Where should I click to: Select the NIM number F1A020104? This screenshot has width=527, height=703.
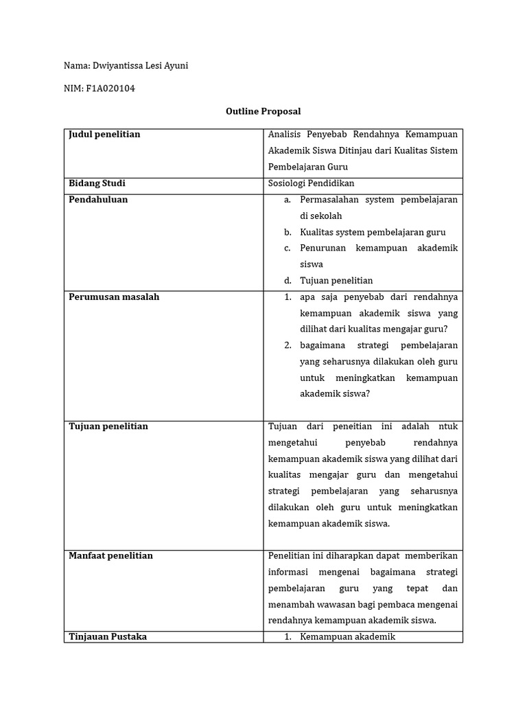tap(110, 88)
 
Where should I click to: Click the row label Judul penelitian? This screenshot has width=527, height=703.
tap(104, 135)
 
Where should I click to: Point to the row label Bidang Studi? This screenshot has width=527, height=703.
tap(97, 183)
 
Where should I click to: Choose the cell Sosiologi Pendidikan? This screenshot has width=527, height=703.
tap(312, 183)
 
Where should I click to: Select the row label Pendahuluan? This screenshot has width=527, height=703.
tap(98, 200)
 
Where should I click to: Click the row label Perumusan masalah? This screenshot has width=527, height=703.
tap(114, 297)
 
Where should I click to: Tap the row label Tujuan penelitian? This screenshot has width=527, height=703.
tap(108, 426)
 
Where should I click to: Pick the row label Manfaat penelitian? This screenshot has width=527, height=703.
tap(110, 555)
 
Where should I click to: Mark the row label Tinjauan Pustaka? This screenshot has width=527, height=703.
tap(108, 636)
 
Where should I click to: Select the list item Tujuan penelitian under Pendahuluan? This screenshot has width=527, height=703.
tap(336, 281)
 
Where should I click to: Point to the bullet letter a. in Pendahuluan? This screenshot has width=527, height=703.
tap(287, 200)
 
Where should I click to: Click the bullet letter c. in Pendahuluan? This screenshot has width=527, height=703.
tap(287, 249)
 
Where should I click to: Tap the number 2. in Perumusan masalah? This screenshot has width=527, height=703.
tap(288, 345)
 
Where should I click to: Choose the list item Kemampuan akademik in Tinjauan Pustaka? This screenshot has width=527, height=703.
tap(348, 636)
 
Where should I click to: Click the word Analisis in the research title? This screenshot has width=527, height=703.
tap(285, 135)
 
